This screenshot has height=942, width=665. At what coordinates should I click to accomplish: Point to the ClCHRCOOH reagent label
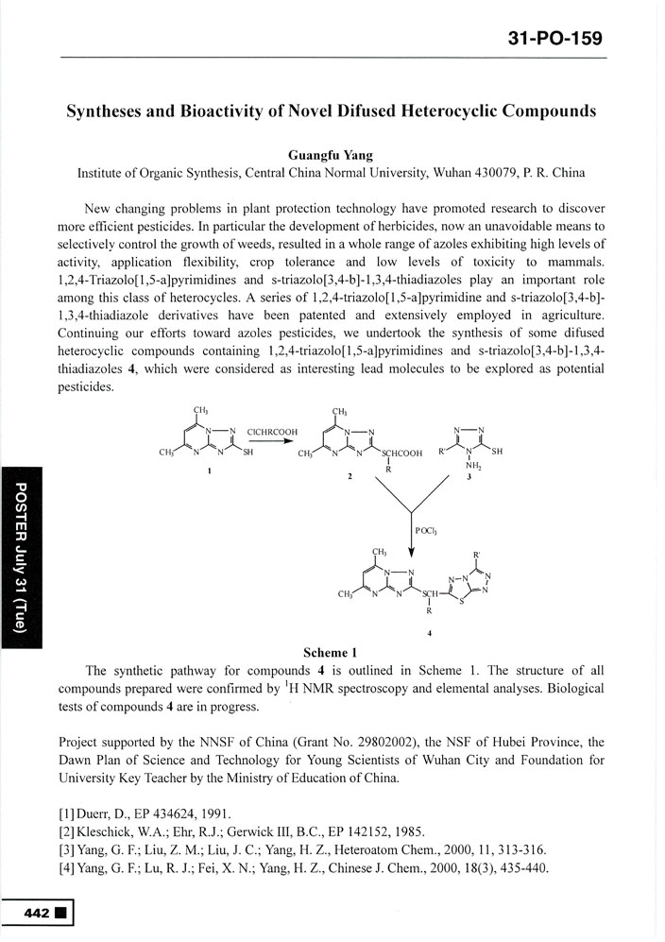pos(272,432)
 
